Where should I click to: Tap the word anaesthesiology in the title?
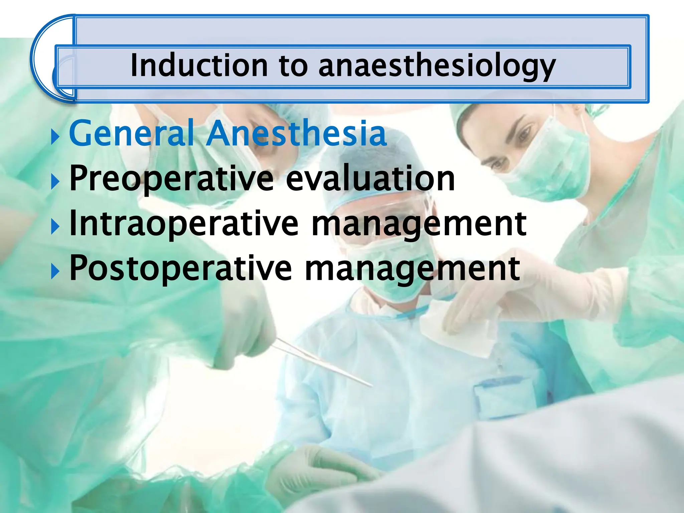[437, 66]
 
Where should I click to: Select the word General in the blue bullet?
[131, 133]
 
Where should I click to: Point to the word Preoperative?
[171, 179]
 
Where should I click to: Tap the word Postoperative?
[180, 268]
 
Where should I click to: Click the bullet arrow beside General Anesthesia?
[55, 137]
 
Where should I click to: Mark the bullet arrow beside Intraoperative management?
[55, 227]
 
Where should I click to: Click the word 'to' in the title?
[293, 66]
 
